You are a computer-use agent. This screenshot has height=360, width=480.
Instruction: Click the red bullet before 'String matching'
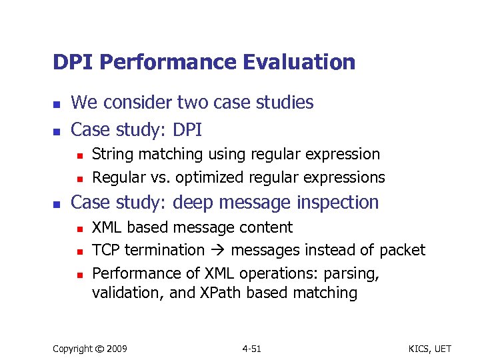coord(78,155)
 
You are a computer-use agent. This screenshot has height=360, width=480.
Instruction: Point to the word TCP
coord(105,250)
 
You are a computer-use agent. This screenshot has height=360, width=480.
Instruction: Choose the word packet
coord(402,250)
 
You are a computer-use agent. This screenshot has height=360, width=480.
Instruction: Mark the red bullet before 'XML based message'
coord(78,229)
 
